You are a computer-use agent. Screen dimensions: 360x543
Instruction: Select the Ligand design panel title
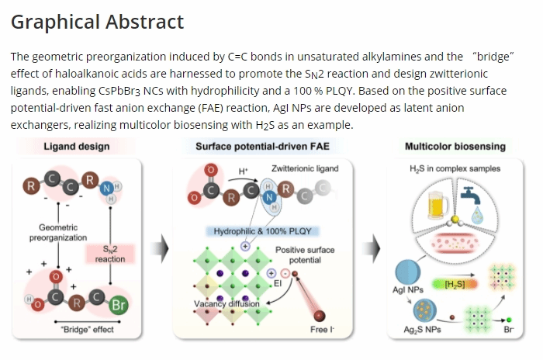tap(76, 146)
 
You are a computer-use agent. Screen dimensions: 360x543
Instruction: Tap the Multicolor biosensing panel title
tap(455, 146)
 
